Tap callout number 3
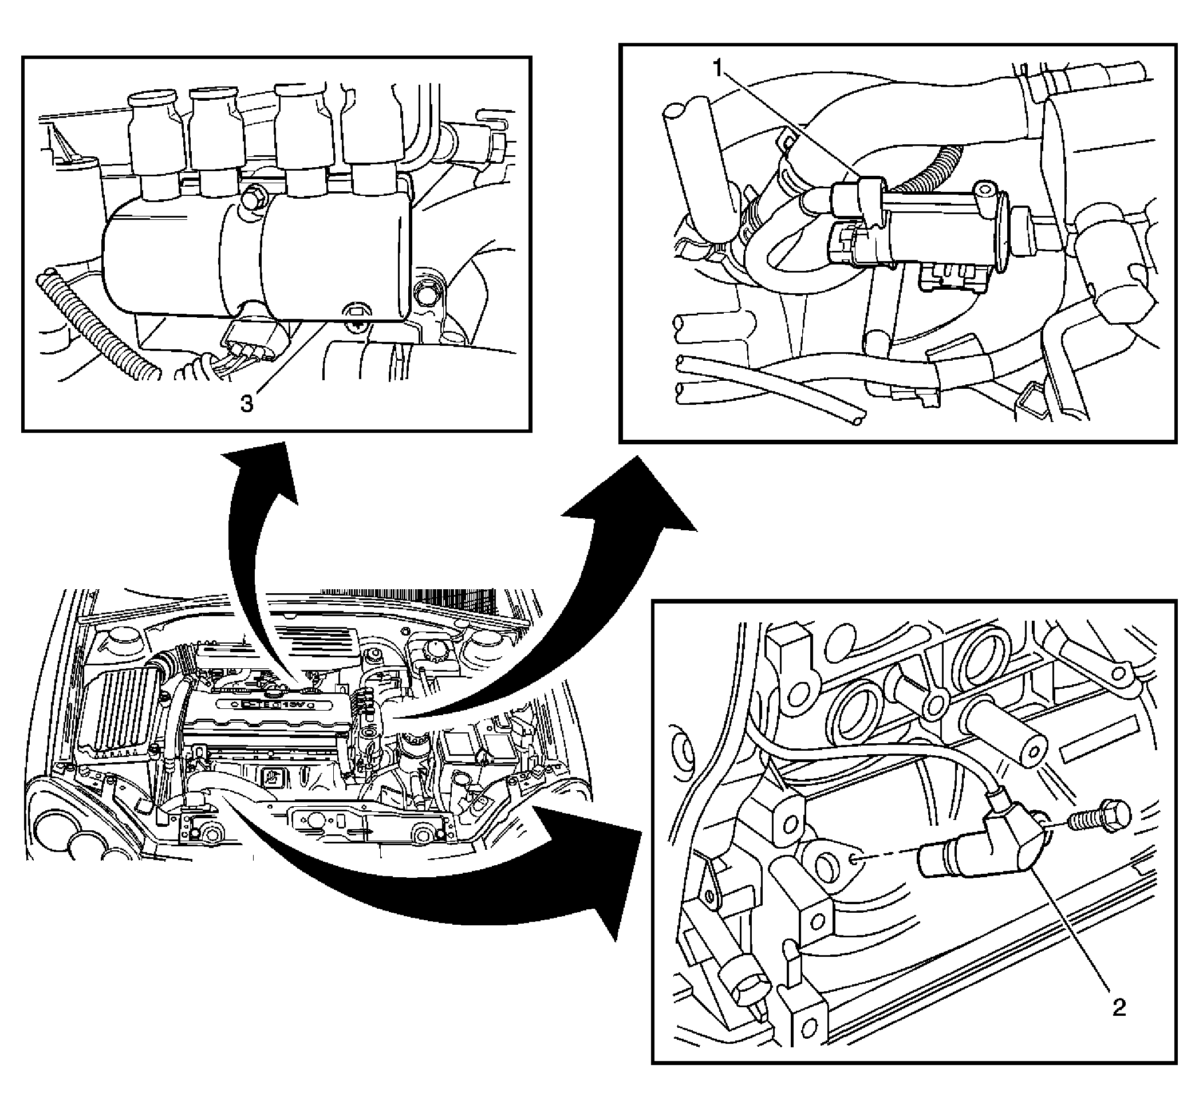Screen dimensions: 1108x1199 coord(246,404)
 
